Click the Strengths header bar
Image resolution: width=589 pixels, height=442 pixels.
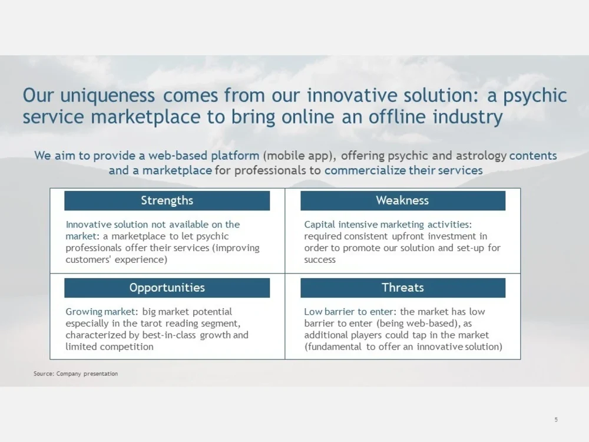[167, 201]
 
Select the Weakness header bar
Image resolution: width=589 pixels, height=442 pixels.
[402, 201]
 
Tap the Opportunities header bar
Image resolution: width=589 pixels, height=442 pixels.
[167, 288]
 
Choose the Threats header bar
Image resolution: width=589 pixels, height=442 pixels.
[402, 288]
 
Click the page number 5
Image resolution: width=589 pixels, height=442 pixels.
[556, 420]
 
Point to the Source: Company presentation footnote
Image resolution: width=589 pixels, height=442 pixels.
[75, 374]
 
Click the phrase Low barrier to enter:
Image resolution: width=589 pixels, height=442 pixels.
[351, 312]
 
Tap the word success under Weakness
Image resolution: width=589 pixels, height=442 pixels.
[320, 260]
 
